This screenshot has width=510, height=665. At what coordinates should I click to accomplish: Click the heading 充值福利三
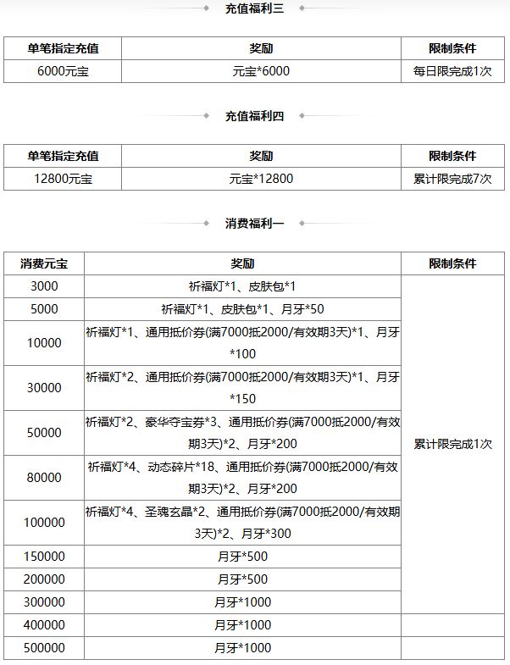[x=254, y=9]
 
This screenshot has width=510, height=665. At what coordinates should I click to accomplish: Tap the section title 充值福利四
[x=254, y=116]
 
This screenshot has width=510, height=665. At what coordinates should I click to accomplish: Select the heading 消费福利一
[x=254, y=224]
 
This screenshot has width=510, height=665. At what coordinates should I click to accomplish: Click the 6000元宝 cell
[x=63, y=71]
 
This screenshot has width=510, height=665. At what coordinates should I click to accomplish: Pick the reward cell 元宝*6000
[x=261, y=71]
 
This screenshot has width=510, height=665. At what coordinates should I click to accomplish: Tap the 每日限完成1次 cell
[x=452, y=71]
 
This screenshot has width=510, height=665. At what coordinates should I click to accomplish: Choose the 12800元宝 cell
[x=63, y=179]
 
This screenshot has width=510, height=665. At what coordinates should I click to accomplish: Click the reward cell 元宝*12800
[x=261, y=179]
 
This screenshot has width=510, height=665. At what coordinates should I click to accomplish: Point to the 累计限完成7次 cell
[x=452, y=179]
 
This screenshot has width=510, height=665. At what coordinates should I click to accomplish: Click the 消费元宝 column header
[x=44, y=263]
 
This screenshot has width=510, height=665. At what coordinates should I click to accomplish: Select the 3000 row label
[x=44, y=286]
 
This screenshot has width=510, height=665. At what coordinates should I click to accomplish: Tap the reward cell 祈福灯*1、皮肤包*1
[x=242, y=286]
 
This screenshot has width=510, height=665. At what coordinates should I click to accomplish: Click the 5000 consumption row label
[x=44, y=309]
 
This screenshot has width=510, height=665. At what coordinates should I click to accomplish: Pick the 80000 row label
[x=44, y=478]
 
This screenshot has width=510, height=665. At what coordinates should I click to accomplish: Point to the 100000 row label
[x=44, y=523]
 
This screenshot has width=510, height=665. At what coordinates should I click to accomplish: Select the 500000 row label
[x=44, y=648]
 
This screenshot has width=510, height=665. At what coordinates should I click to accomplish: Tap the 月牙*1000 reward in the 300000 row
[x=242, y=602]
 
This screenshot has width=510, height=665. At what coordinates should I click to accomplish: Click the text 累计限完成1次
[x=452, y=444]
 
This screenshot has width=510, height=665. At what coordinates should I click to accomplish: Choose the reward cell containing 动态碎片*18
[x=242, y=478]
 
